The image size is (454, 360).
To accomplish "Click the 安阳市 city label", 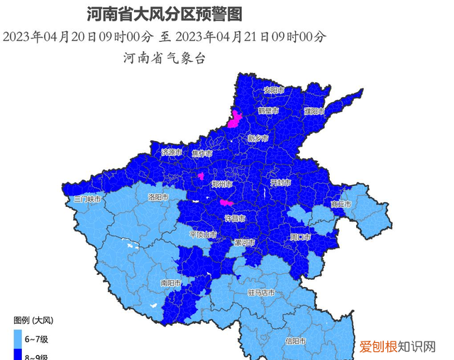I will [273, 90].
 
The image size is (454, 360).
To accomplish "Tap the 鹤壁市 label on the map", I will [268, 111].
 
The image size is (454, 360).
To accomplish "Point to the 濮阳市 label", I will [314, 111].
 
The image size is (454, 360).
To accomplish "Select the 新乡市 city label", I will [258, 138].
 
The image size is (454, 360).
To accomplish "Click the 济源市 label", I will [172, 152].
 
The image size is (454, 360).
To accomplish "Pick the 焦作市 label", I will [202, 153].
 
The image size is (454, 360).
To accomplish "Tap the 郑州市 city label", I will [222, 184].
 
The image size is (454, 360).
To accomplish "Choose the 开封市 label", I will [280, 182].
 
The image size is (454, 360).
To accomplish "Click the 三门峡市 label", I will [88, 200].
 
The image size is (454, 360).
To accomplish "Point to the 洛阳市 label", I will [158, 197].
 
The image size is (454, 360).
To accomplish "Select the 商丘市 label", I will [341, 204].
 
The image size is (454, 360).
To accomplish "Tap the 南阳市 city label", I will [171, 283].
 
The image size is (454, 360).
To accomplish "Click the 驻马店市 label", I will [261, 292].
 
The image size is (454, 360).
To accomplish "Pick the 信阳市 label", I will [296, 342].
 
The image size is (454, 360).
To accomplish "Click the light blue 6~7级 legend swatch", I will [19, 337].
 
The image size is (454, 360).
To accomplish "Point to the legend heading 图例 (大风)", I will [38, 320].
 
